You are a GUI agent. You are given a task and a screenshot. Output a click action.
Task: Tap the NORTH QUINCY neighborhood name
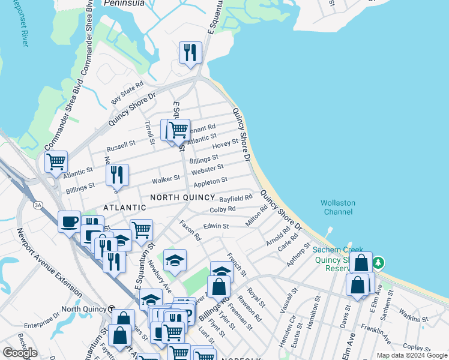pyautogui.click(x=182, y=197)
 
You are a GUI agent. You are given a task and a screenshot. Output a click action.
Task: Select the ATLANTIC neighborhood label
pyautogui.click(x=125, y=208)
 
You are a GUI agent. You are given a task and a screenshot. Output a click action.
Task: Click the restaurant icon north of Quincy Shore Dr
pyautogui.click(x=190, y=53)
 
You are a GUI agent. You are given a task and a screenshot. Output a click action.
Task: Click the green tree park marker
pyautogui.click(x=378, y=262)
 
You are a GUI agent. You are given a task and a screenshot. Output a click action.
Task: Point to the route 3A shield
pyautogui.click(x=38, y=205)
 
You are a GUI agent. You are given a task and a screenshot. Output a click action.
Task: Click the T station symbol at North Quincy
pyautogui.click(x=112, y=308)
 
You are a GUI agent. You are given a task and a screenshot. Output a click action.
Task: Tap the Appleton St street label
pyautogui.click(x=210, y=180)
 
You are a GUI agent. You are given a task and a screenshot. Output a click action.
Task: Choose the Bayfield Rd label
pyautogui.click(x=235, y=197)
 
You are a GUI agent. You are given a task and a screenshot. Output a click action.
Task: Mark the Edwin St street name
pyautogui.click(x=216, y=226)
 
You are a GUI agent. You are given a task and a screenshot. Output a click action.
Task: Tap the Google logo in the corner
pyautogui.click(x=20, y=353)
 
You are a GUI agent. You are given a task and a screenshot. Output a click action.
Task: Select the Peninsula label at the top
pyautogui.click(x=125, y=3)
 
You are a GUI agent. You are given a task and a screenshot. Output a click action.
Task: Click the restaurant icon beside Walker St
pyautogui.click(x=117, y=175)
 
